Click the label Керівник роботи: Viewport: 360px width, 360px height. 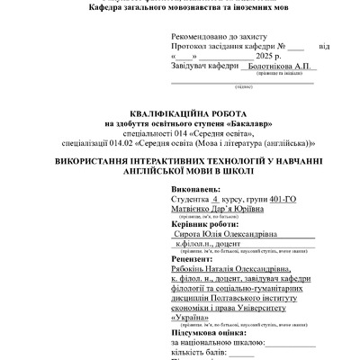click(x=206, y=221)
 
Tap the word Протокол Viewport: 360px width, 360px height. click(x=191, y=45)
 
